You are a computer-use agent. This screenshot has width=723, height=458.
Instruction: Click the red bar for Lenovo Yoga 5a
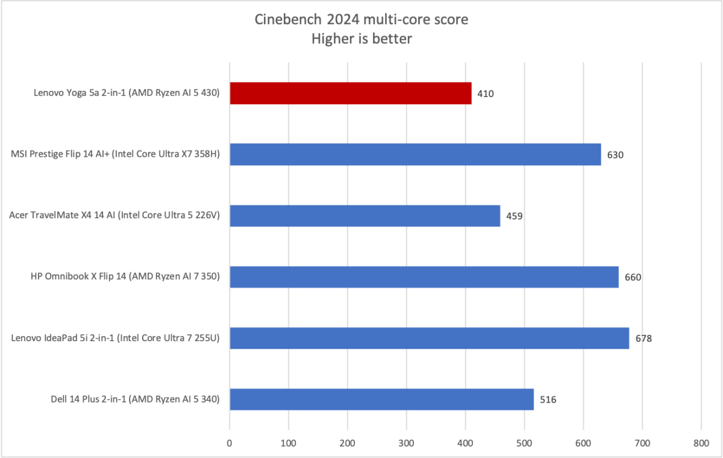click(350, 93)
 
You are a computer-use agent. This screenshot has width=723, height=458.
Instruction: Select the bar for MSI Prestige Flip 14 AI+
click(415, 154)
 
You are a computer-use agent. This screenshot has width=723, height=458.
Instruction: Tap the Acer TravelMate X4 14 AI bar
click(365, 216)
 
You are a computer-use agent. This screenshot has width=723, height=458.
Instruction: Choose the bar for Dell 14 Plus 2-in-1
click(381, 400)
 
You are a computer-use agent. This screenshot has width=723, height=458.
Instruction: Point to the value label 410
click(486, 94)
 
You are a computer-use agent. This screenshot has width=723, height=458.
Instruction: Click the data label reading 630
click(615, 155)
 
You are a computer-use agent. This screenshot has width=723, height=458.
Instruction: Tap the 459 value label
click(515, 216)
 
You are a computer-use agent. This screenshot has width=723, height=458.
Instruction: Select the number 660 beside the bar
click(633, 278)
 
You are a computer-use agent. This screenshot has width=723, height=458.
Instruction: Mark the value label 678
click(643, 339)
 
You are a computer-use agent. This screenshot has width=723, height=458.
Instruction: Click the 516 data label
click(548, 400)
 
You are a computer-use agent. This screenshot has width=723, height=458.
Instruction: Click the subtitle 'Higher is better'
click(361, 39)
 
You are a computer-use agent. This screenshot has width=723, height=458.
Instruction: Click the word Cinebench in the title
click(283, 20)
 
